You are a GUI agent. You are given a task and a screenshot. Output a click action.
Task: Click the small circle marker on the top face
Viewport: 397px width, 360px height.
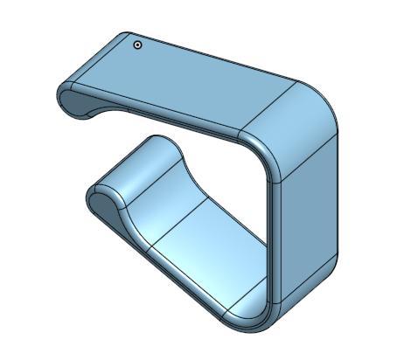click(137, 45)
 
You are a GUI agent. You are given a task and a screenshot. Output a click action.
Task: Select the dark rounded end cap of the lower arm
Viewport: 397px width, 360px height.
click(101, 204)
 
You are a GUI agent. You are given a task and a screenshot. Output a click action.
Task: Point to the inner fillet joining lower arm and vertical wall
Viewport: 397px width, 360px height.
click(249, 301)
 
